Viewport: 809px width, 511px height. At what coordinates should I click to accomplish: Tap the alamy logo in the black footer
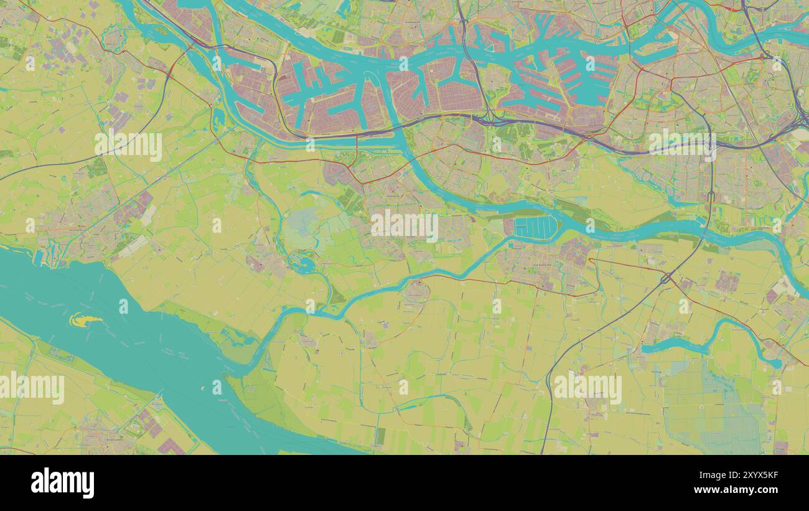[62, 483]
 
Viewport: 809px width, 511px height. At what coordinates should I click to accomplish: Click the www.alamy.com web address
[741, 490]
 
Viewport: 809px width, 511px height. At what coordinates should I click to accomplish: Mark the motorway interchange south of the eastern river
[665, 278]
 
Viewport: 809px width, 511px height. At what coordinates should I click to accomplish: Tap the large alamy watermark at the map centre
[404, 225]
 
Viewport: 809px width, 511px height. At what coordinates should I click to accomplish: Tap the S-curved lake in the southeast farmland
[709, 342]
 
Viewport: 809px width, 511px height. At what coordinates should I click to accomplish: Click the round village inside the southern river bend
[416, 290]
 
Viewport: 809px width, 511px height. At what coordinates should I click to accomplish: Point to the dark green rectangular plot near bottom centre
[380, 437]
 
